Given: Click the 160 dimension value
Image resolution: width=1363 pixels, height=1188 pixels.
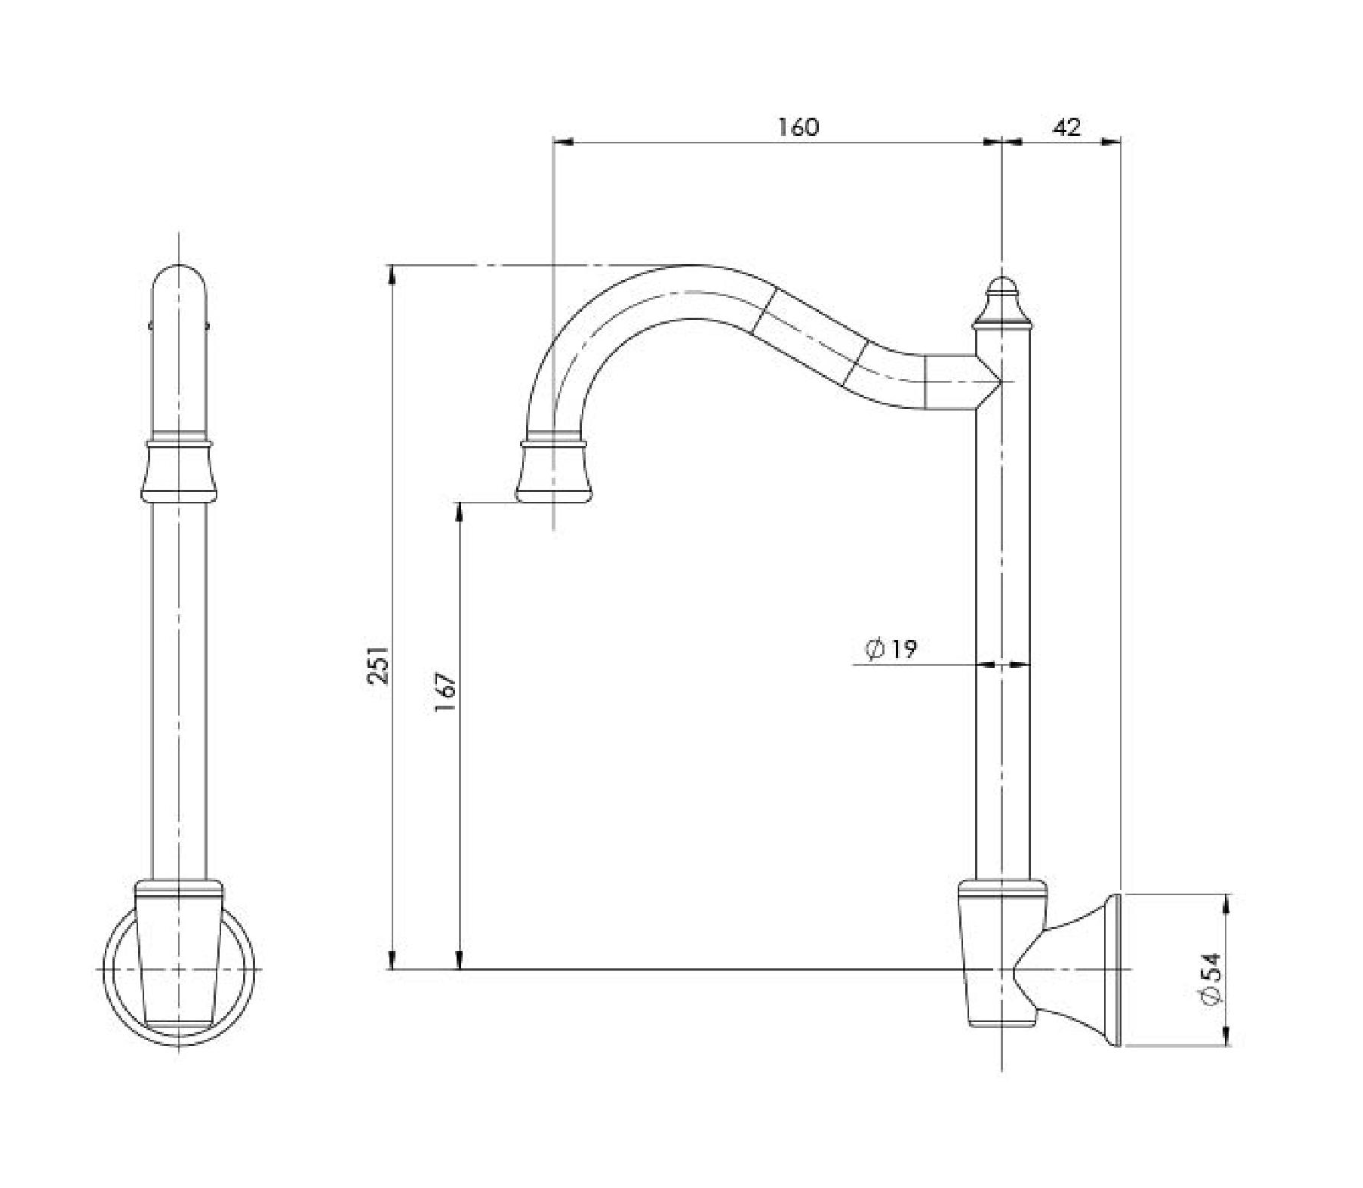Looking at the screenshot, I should (798, 127).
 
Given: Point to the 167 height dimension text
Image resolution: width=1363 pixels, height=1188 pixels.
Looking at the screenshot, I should (446, 694).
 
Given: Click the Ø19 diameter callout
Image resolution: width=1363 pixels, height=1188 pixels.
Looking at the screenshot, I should (892, 649).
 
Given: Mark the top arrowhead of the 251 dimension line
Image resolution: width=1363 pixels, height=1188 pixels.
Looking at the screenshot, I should (392, 273).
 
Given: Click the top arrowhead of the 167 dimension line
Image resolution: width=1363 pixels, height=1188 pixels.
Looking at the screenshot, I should (458, 509).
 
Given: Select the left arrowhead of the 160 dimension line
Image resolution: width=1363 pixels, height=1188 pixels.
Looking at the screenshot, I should (563, 140).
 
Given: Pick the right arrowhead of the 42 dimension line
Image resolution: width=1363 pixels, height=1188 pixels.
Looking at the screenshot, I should (1112, 140).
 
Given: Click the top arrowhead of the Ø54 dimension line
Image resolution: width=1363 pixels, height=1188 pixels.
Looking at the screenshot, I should (1225, 903).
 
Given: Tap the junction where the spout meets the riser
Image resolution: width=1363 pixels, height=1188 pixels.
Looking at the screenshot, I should (981, 382).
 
